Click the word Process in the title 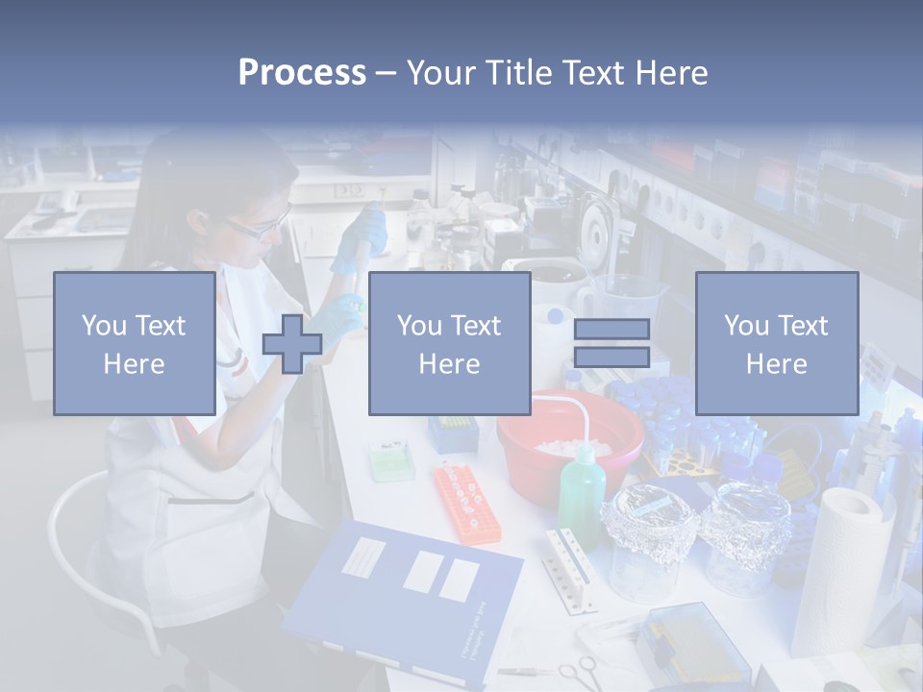302,73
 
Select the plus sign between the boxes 292,344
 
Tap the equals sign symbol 611,343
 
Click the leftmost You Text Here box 134,343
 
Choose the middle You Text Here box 449,343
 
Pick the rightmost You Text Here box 776,343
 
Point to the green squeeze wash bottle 580,489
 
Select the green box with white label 389,460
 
